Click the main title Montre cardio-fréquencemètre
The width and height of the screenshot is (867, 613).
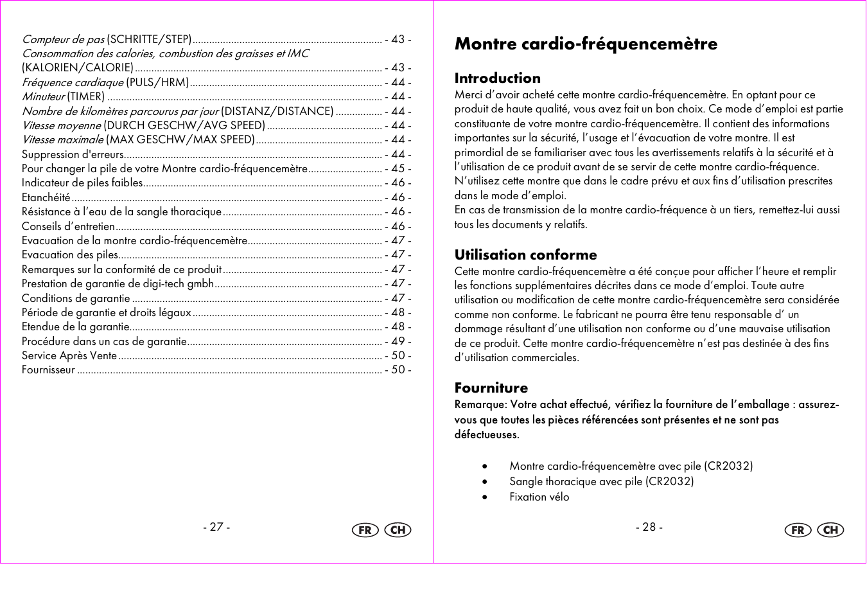tap(586, 44)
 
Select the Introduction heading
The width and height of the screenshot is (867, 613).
tap(497, 78)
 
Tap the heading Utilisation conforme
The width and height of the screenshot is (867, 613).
tap(525, 255)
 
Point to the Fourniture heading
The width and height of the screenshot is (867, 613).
tap(491, 388)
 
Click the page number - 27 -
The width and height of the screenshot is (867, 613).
tap(216, 527)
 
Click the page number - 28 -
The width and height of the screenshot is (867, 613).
tap(649, 527)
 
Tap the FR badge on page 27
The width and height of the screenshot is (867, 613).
tap(365, 530)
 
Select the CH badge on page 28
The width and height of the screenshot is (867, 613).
tap(830, 530)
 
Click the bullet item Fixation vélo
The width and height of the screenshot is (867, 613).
tap(539, 497)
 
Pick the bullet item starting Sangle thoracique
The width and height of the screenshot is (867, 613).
tap(601, 481)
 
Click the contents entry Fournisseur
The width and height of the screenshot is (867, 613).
tap(48, 370)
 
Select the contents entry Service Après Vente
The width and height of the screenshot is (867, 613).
tap(69, 356)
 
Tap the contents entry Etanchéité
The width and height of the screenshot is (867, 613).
tap(46, 198)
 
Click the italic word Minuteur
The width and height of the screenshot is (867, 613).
tap(44, 97)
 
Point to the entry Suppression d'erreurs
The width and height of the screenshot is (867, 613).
tap(73, 155)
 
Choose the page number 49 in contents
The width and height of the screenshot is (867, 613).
tap(398, 342)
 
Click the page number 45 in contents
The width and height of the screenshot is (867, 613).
tap(398, 169)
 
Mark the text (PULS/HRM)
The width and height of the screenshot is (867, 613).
tap(157, 83)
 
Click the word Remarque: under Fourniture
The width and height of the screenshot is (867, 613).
tap(481, 405)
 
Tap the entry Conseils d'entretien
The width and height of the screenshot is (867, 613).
tap(68, 227)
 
